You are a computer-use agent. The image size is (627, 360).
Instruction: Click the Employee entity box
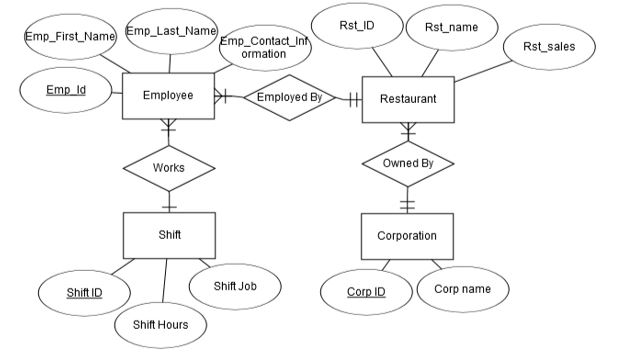coord(168,97)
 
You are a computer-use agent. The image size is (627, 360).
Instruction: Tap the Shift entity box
coord(168,235)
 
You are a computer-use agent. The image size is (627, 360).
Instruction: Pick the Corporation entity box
coord(406,236)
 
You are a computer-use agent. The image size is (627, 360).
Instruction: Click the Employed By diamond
coord(289,97)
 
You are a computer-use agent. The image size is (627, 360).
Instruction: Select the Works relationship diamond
coord(168,167)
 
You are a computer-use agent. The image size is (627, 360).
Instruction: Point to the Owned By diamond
coord(406,163)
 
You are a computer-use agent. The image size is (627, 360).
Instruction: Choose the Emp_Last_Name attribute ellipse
coord(171,32)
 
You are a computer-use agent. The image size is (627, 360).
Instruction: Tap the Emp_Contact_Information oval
coord(264,47)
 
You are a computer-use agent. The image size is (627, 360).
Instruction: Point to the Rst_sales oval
coord(549,47)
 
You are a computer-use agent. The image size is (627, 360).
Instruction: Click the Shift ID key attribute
coord(84,292)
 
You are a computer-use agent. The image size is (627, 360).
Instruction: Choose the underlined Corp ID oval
coord(365,292)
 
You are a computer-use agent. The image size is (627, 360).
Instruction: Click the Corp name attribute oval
coord(462,290)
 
